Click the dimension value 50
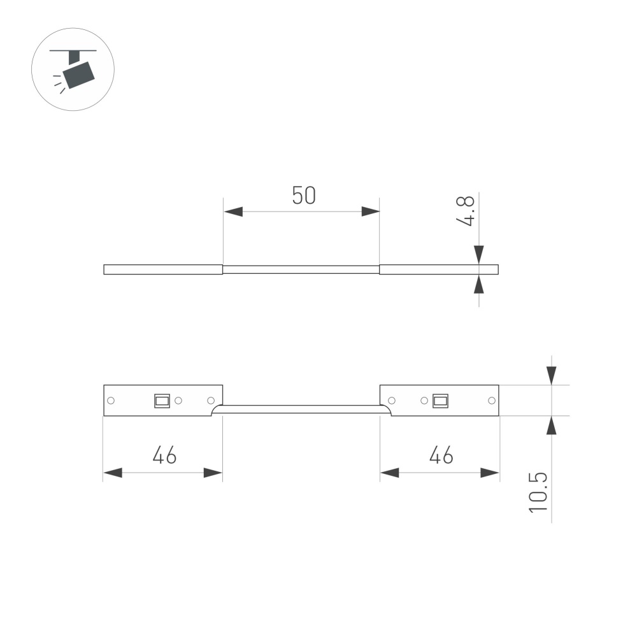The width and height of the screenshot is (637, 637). click(304, 196)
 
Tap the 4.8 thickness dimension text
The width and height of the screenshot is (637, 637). click(468, 211)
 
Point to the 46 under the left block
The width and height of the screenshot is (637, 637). click(164, 455)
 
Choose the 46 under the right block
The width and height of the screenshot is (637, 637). click(441, 455)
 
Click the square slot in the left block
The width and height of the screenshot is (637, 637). click(162, 401)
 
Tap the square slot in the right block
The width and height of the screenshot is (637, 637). click(440, 401)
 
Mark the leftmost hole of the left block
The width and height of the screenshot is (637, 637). click(111, 401)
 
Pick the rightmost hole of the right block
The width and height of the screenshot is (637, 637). click(491, 401)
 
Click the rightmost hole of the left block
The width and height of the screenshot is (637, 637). click(211, 401)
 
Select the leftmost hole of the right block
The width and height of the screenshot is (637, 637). click(392, 401)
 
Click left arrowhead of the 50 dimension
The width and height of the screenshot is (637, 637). click(233, 211)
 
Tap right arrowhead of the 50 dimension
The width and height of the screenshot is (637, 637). click(370, 211)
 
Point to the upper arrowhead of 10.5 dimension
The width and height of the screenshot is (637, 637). click(551, 375)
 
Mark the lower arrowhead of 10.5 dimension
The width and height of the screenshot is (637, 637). click(551, 425)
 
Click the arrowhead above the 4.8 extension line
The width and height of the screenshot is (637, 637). click(479, 254)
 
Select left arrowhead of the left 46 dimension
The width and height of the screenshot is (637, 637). click(113, 473)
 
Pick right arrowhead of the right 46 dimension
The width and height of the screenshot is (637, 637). click(490, 473)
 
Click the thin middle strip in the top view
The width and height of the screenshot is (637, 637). click(301, 269)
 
